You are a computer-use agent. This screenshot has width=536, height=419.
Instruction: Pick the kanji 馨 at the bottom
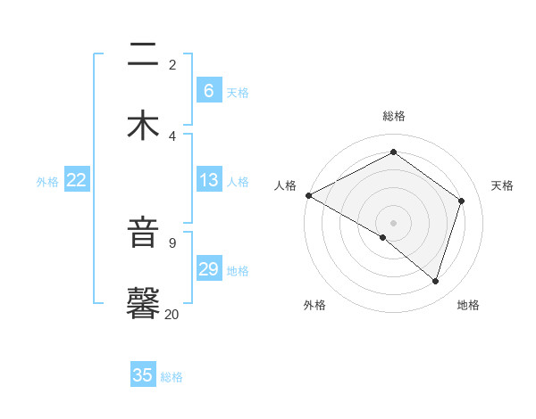coord(143,303)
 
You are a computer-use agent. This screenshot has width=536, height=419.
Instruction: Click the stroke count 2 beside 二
coord(172,64)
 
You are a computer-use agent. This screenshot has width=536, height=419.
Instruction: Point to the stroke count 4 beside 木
coord(172,136)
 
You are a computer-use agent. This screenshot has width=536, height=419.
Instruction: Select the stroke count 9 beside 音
coord(172,242)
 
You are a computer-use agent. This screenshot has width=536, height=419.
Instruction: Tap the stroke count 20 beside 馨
coord(172,314)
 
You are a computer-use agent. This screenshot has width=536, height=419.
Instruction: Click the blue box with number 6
coord(209,91)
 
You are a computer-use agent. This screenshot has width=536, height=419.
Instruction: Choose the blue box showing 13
coord(209,180)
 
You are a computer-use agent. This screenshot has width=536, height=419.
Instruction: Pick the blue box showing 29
coord(209,269)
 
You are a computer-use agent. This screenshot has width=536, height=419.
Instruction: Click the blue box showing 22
coord(77,180)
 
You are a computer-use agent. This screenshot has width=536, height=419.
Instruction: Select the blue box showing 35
coord(143,375)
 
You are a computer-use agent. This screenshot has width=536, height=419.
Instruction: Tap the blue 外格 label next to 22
coord(47,181)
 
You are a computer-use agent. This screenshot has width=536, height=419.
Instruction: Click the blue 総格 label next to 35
coord(172,376)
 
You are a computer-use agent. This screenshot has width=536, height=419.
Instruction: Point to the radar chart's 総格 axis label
coord(393,116)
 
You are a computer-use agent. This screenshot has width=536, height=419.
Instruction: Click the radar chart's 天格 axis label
coord(502,185)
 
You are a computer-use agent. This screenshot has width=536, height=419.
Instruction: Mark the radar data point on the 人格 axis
coord(308,195)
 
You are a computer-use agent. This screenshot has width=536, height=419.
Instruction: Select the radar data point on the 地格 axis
coord(436,281)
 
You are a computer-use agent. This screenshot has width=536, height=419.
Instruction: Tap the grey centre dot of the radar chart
coord(393,222)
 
